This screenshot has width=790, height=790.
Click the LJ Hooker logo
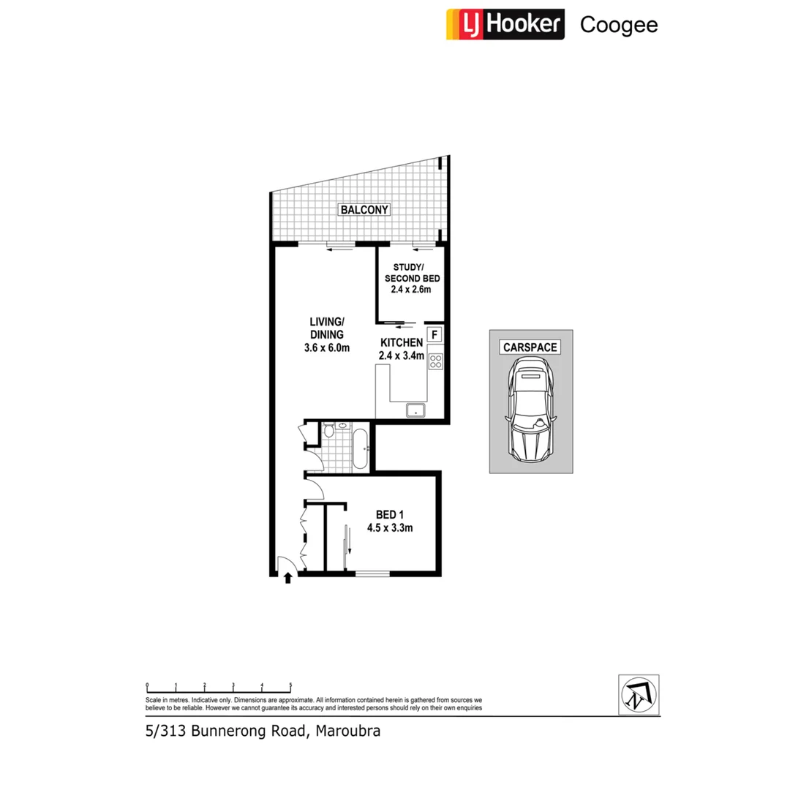coord(505,24)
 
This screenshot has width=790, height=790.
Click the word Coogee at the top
coord(618,25)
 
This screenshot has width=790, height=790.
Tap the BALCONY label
coord(364,210)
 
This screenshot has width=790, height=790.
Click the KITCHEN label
coord(401,342)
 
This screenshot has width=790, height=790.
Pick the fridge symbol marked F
coord(434,336)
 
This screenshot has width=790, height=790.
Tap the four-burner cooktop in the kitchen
coord(435,361)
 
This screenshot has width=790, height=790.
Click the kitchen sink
coord(416,410)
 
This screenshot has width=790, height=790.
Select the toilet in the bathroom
coord(328,430)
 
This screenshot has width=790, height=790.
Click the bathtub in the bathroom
coord(360,448)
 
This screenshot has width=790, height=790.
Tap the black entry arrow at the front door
coord(287,578)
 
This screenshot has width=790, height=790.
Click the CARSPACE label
coord(530,347)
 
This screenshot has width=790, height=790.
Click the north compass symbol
coord(638,693)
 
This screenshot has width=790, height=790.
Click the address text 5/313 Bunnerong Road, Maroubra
coord(263,731)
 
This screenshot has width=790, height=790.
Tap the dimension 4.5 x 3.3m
coord(390,528)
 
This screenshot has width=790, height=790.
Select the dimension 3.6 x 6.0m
coord(326,348)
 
